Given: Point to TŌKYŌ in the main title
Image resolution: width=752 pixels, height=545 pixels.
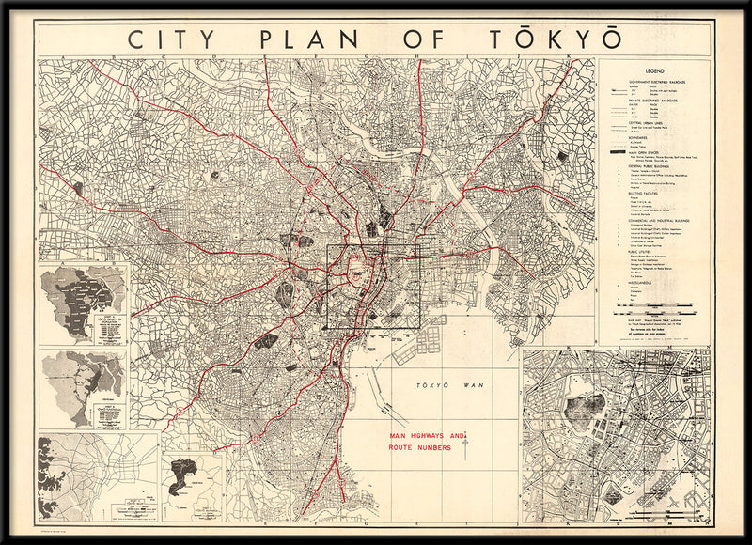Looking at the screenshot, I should (x=554, y=39).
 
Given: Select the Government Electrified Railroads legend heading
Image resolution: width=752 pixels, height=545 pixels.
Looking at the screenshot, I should (x=658, y=83).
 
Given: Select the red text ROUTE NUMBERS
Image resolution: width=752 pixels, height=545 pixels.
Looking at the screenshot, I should (x=419, y=448).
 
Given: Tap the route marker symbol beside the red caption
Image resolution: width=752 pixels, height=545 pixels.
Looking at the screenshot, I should (x=464, y=442).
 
